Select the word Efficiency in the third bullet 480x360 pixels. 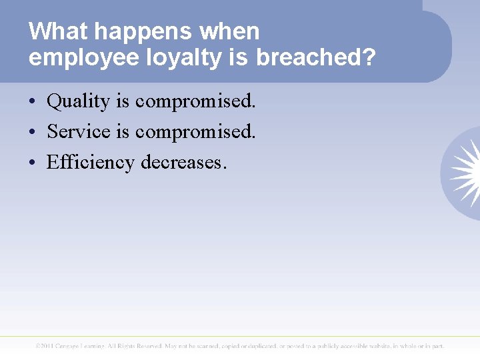coord(91,162)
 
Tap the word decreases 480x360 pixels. coord(184,162)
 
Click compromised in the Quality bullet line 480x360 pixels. coord(195,101)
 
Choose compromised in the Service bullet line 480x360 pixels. coord(195,131)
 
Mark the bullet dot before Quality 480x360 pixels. coord(32,102)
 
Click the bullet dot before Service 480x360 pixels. coord(32,132)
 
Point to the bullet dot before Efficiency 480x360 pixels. coord(32,163)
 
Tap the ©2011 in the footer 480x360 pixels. coord(48,346)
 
